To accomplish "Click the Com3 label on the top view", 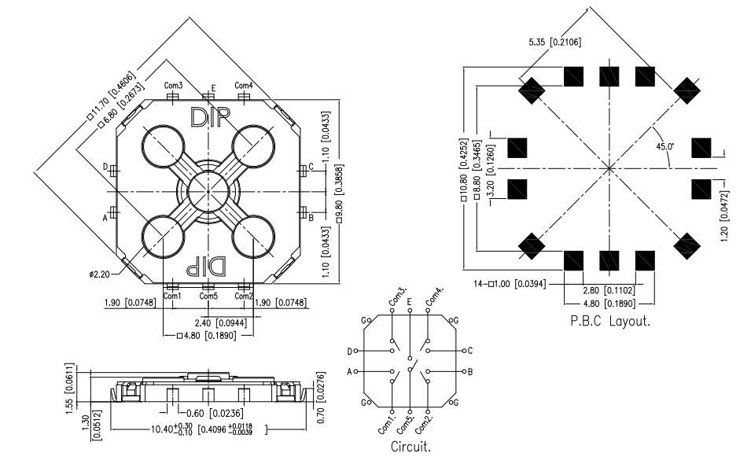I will (x=173, y=85).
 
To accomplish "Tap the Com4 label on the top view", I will (x=244, y=85).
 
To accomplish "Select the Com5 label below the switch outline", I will (x=208, y=296).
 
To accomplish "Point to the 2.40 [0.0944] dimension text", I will (x=208, y=322).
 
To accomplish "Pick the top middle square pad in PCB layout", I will (x=610, y=77).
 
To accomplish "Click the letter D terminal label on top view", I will (x=105, y=167).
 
